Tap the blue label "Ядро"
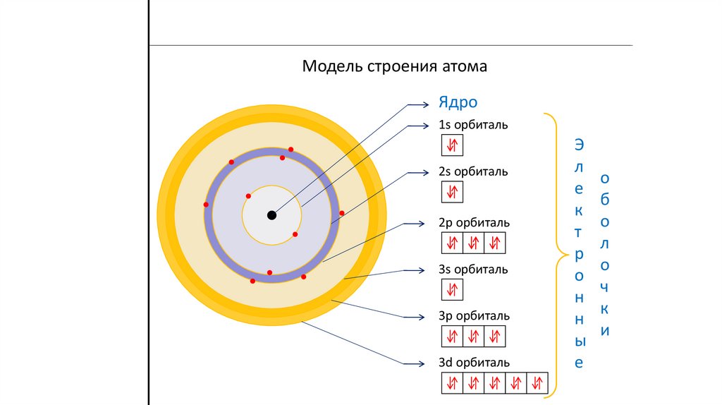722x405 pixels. pos(458,102)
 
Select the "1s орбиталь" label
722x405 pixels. pos(472,125)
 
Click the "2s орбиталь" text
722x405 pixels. pos(472,171)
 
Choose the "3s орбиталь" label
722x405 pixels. pos(472,270)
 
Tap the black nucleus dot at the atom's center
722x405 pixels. pos(272,215)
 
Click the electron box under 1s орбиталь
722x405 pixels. pos(452,145)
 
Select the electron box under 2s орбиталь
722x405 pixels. pos(452,192)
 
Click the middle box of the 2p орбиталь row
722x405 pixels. pos(474,243)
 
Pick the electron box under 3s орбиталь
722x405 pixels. pos(452,289)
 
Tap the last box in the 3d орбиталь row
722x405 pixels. pos(538,382)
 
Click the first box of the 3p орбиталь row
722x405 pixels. pos(452,336)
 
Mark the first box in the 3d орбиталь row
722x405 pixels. pos(452,382)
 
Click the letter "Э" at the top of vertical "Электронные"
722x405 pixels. pos(578,145)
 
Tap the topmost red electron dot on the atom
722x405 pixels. pos(290,150)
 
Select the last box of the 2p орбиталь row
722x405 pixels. pos(496,243)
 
